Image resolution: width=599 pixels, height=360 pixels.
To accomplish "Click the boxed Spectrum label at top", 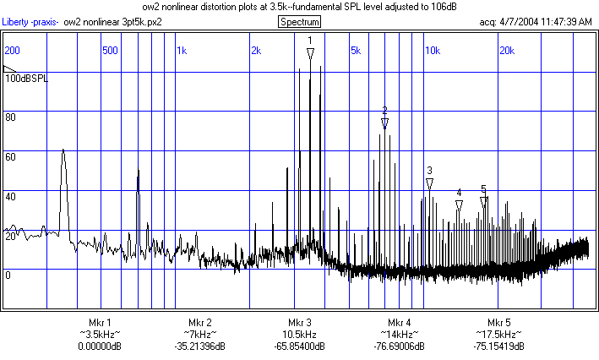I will click(x=298, y=21).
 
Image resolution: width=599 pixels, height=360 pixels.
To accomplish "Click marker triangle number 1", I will click(x=310, y=53).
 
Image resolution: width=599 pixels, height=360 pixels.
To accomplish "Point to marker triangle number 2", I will click(x=384, y=123).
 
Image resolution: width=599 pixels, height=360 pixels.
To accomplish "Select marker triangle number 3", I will click(x=429, y=183).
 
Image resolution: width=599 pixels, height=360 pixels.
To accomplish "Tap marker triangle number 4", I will click(x=459, y=205).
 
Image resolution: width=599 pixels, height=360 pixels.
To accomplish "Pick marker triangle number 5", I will click(x=483, y=202).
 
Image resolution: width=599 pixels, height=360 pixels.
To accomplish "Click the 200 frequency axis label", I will click(x=13, y=50).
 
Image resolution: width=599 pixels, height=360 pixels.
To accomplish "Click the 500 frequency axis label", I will click(x=109, y=50).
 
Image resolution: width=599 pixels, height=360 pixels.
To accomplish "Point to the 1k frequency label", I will click(x=182, y=50).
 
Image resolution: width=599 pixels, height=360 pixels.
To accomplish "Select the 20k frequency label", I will click(x=507, y=50).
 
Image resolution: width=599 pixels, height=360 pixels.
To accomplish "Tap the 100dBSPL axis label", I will click(x=26, y=78).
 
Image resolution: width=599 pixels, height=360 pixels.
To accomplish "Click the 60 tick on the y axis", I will click(x=11, y=156).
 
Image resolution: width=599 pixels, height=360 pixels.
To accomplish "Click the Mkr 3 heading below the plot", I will click(x=299, y=323).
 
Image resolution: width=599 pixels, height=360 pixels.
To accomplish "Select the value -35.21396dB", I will click(x=199, y=346).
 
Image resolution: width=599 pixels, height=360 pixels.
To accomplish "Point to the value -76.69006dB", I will click(x=399, y=346).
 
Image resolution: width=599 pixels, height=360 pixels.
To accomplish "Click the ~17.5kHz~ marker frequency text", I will click(x=498, y=335).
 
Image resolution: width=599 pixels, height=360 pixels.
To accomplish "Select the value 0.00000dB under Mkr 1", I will click(x=100, y=346).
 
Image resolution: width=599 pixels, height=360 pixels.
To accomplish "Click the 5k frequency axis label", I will click(x=355, y=50).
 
